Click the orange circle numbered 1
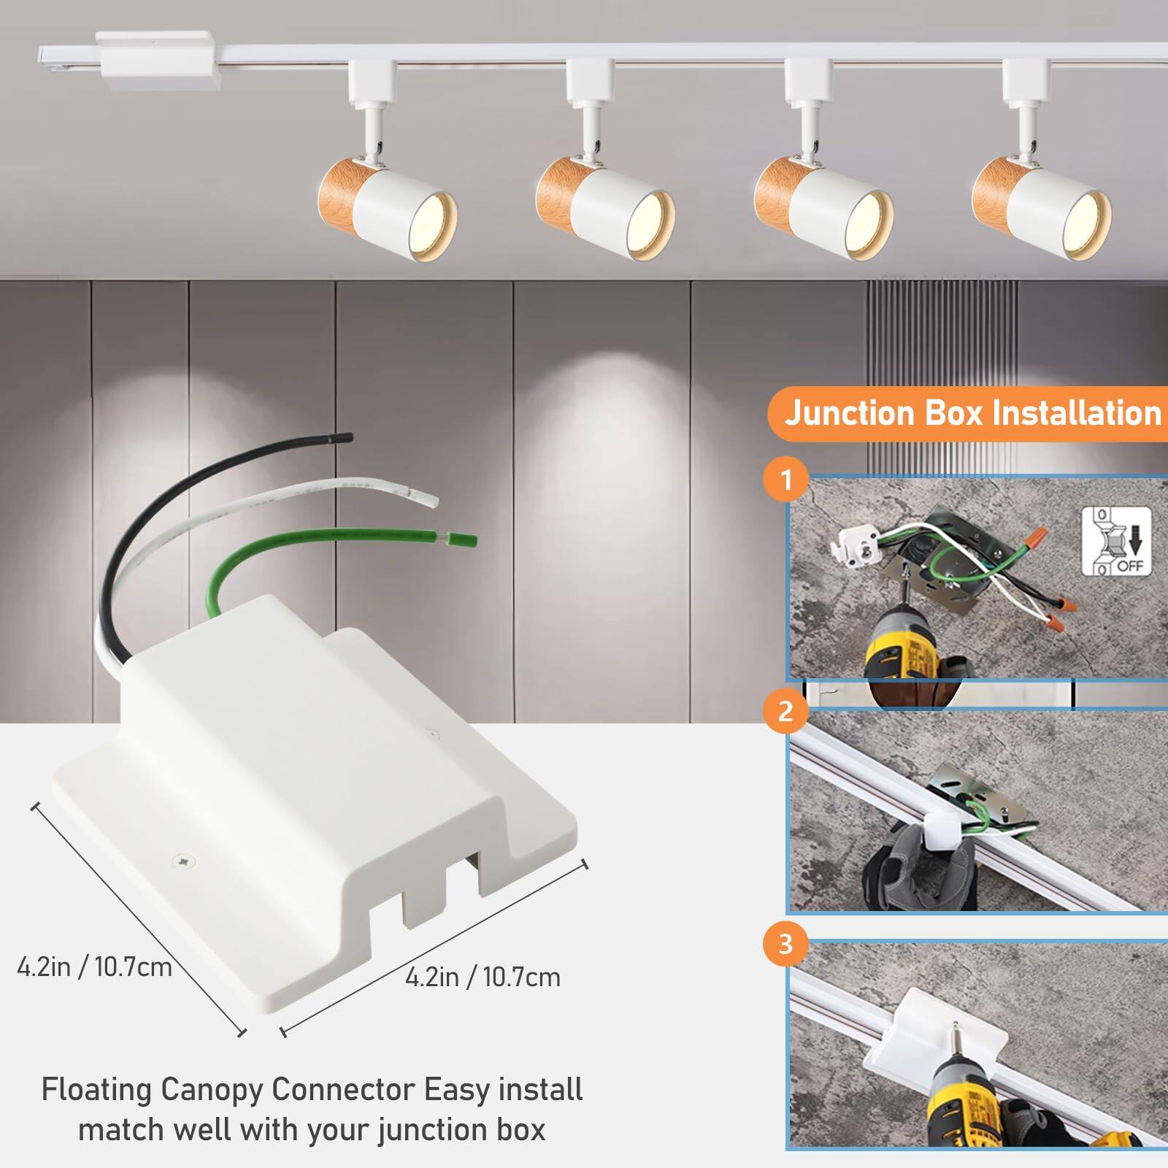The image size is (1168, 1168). tap(786, 480)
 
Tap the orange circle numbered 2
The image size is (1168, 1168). tap(786, 711)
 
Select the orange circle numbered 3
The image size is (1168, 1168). tap(786, 944)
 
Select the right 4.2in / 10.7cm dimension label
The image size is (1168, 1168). tap(483, 977)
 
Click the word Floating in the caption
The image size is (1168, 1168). tap(97, 1090)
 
